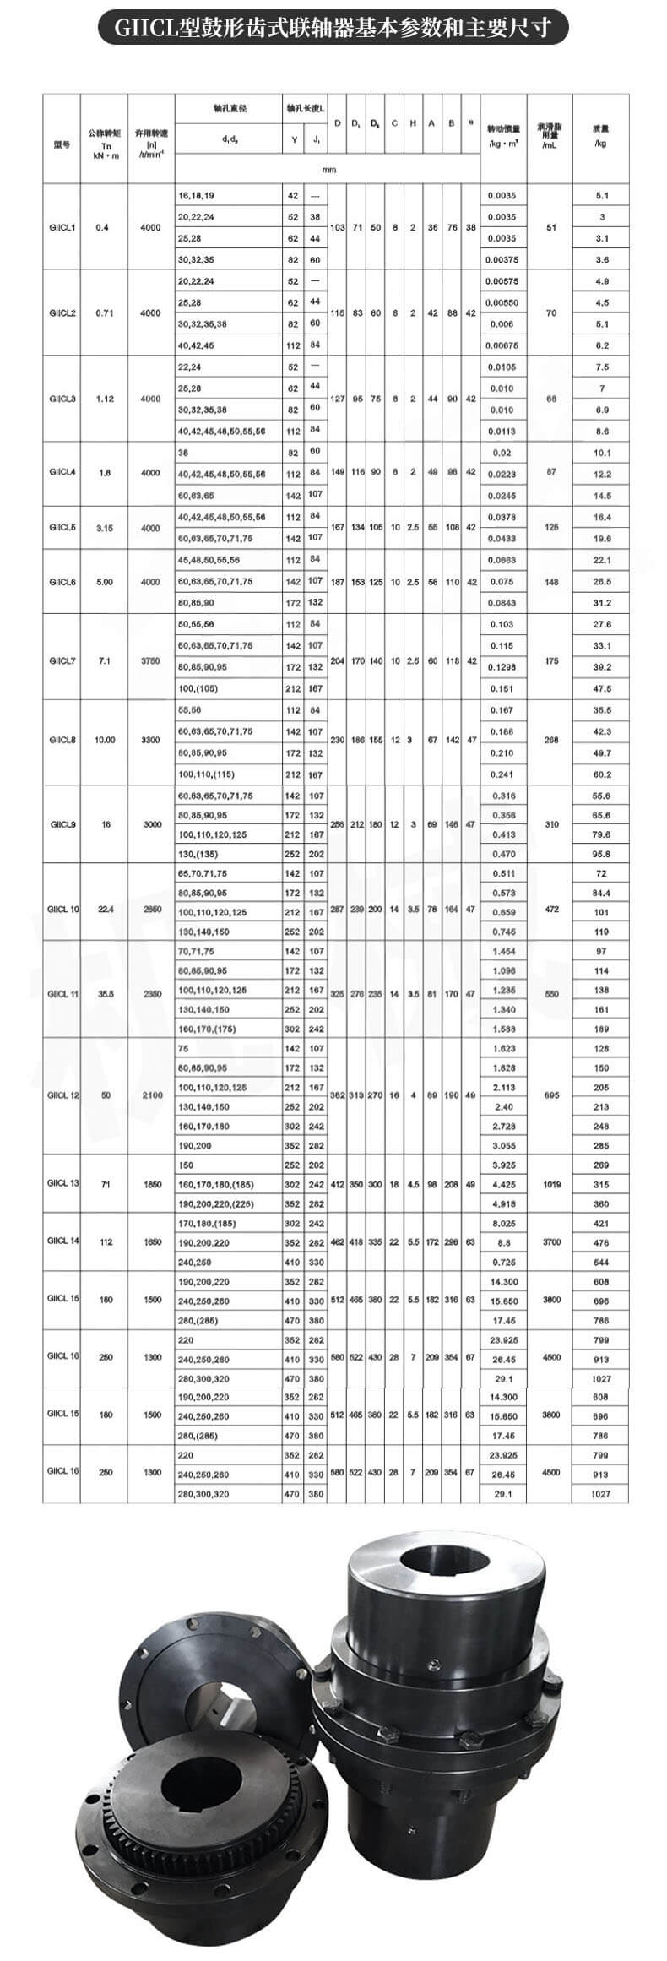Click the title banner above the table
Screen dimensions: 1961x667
333,29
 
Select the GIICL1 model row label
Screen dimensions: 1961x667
62,227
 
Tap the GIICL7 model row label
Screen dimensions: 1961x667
62,660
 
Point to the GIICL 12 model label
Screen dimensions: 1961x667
63,1095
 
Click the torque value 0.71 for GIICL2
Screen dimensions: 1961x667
104,313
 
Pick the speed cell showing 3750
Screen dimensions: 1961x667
150,660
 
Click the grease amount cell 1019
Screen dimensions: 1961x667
551,1184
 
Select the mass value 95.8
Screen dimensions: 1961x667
601,854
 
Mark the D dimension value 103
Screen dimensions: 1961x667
338,228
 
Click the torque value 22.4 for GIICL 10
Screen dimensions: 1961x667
106,909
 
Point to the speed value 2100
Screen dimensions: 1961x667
152,1095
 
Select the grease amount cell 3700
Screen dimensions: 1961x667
551,1241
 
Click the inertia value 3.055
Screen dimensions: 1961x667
503,1145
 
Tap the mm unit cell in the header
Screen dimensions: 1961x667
328,170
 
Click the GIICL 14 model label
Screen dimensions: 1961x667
63,1241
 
